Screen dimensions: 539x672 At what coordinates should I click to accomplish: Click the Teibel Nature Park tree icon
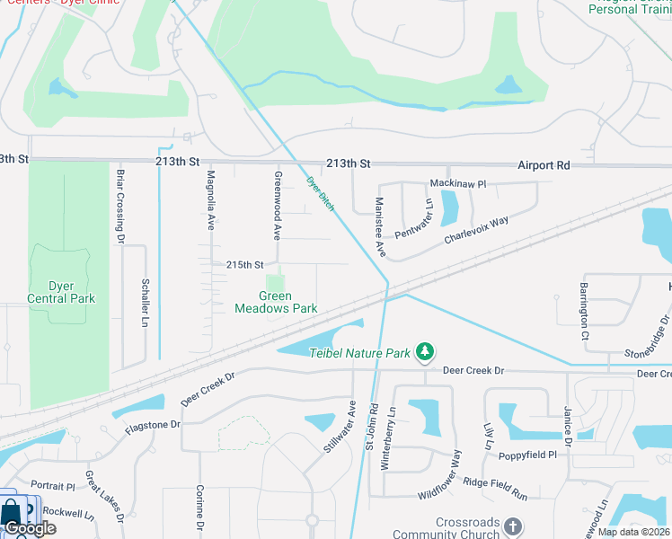click(x=428, y=353)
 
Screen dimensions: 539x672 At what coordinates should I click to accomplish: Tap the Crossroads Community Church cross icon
click(x=512, y=526)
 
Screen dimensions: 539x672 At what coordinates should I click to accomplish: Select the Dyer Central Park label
click(x=60, y=292)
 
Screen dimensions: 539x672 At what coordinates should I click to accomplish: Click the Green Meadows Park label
click(x=276, y=302)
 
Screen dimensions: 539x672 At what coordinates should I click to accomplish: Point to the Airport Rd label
click(x=544, y=165)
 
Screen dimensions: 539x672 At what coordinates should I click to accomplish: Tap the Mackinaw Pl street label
click(x=457, y=183)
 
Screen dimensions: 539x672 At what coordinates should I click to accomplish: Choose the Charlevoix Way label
click(x=476, y=229)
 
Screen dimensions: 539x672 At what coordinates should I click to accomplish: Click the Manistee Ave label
click(x=379, y=226)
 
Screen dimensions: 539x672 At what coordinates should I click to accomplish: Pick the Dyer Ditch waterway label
click(x=321, y=193)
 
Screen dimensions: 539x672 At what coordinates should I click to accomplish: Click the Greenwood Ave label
click(x=278, y=206)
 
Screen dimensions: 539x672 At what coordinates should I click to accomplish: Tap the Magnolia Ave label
click(x=211, y=199)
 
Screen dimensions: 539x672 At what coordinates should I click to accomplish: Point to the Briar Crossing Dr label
click(x=119, y=205)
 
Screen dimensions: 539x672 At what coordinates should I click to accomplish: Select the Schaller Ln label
click(x=146, y=303)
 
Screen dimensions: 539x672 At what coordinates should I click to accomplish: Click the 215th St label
click(x=245, y=265)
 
